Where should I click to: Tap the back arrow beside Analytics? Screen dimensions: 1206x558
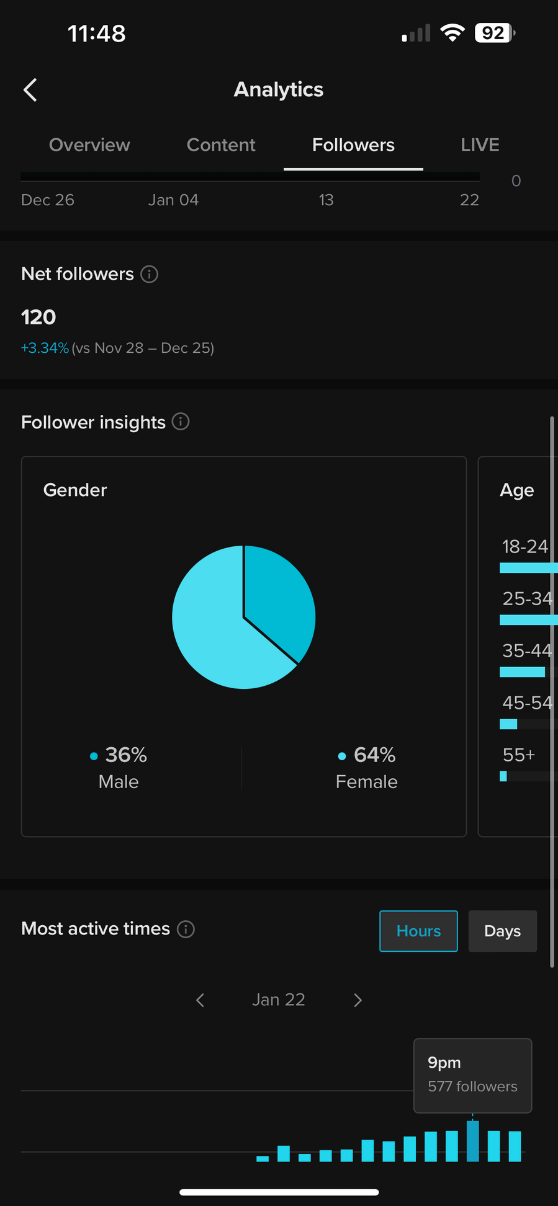click(x=30, y=90)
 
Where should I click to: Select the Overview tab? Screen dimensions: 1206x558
click(x=89, y=145)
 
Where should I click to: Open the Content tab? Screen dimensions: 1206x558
click(x=221, y=145)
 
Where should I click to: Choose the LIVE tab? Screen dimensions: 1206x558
click(x=480, y=145)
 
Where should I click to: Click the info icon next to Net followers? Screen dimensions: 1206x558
click(x=149, y=274)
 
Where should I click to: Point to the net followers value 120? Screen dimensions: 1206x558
click(x=38, y=317)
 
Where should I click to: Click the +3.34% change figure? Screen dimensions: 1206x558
click(x=45, y=348)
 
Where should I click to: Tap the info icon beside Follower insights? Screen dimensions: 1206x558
click(x=181, y=422)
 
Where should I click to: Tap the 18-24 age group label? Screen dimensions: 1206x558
click(x=525, y=547)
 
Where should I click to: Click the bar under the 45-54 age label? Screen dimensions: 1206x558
click(x=508, y=724)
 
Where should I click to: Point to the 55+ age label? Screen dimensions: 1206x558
click(x=518, y=755)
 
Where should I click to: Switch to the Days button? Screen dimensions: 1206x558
click(x=502, y=931)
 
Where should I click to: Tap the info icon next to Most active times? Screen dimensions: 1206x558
click(x=186, y=929)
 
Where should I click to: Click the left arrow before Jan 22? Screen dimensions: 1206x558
click(x=200, y=1000)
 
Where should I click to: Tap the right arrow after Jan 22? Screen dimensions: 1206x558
click(x=358, y=1000)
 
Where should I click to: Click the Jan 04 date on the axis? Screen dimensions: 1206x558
click(x=173, y=200)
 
